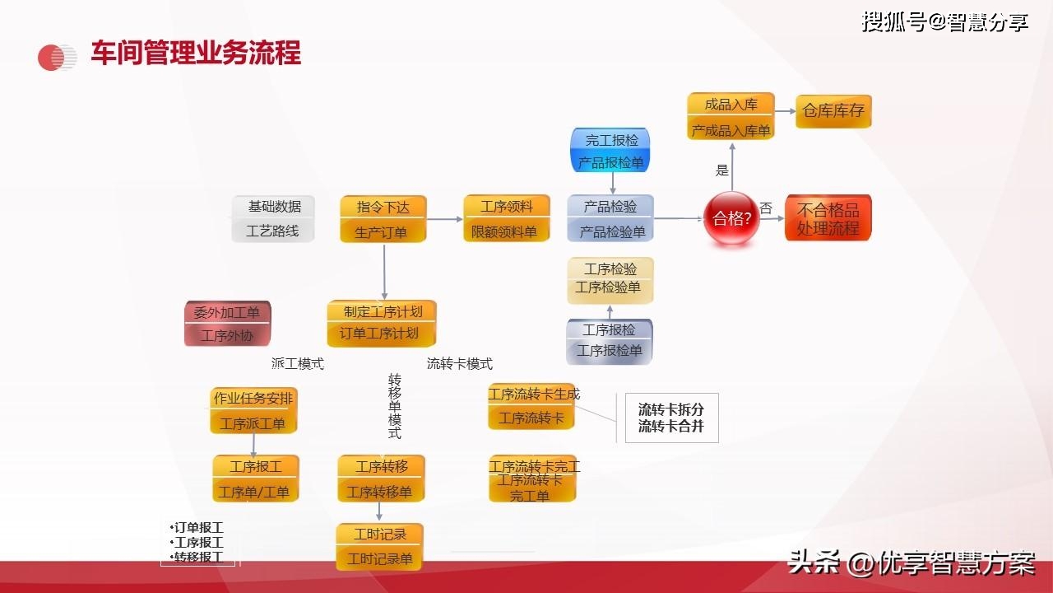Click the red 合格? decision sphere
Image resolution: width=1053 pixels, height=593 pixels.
[x=731, y=218]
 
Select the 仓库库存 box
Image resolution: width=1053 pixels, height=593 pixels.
[x=833, y=111]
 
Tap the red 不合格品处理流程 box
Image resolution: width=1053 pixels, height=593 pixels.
[x=828, y=218]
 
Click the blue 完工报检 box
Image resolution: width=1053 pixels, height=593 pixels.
[x=610, y=151]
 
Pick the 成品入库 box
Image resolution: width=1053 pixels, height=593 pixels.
[x=731, y=116]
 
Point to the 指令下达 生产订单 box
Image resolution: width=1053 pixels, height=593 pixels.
[x=383, y=219]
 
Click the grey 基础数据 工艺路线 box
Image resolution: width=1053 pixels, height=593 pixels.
[x=273, y=219]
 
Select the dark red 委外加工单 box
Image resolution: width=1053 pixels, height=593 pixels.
[x=227, y=324]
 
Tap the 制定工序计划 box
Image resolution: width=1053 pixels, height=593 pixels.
[x=382, y=323]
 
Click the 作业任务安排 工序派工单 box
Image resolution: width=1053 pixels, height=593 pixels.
[x=253, y=410]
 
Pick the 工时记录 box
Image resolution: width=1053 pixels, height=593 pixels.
[x=379, y=547]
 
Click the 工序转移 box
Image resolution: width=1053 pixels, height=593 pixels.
[x=381, y=479]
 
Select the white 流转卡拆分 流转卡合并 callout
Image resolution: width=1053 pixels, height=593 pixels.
[x=671, y=418]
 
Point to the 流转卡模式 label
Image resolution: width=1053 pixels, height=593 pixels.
[x=459, y=363]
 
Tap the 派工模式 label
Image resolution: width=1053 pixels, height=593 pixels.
[x=298, y=363]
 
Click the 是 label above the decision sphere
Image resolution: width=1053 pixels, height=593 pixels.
[x=722, y=170]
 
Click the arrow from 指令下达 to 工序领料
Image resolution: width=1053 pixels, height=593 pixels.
[x=445, y=219]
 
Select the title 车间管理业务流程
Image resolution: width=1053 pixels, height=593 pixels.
[x=196, y=53]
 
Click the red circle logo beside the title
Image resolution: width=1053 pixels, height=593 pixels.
[x=57, y=57]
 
